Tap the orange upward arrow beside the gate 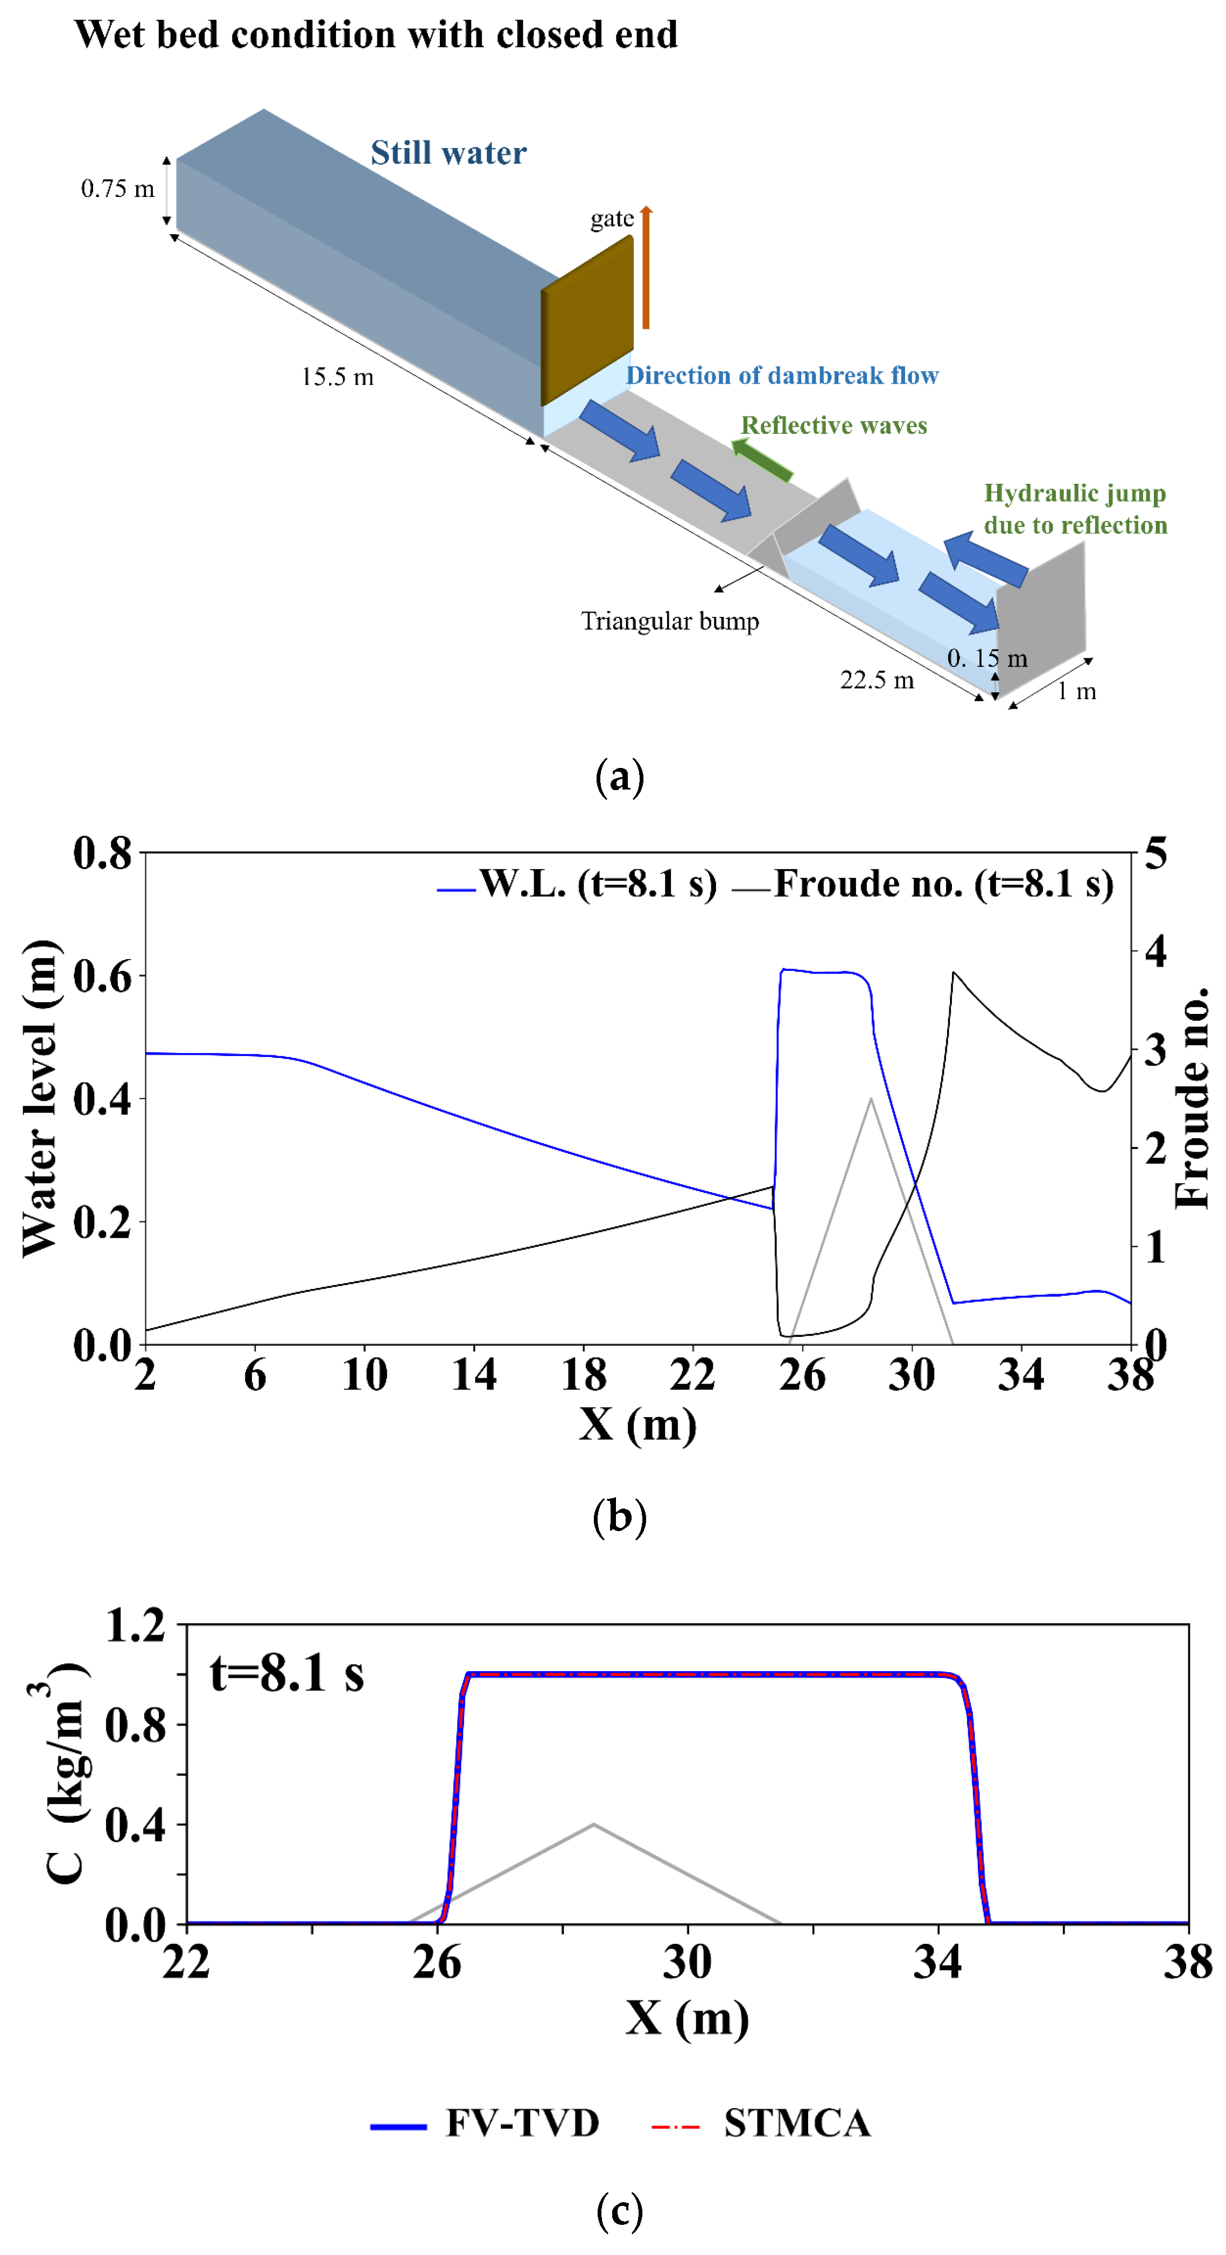pyautogui.click(x=646, y=267)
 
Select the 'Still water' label pyautogui.click(x=449, y=153)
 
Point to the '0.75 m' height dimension pyautogui.click(x=117, y=189)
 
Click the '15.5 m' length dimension pyautogui.click(x=337, y=377)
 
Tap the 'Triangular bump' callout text pyautogui.click(x=670, y=622)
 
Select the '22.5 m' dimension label pyautogui.click(x=877, y=680)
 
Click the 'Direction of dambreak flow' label pyautogui.click(x=782, y=376)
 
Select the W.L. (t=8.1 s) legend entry pyautogui.click(x=578, y=885)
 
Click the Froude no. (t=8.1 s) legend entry pyautogui.click(x=924, y=885)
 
